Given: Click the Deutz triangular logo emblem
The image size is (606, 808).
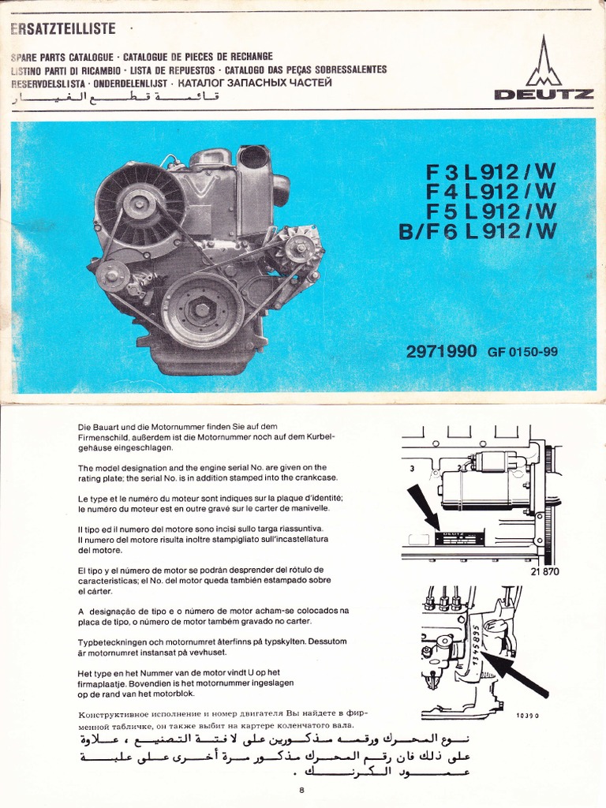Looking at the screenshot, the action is point(544,63).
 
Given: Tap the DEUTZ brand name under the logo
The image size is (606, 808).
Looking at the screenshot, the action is point(544,95).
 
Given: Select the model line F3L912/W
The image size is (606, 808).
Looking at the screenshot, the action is point(492,171).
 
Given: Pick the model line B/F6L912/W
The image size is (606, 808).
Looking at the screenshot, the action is point(478,230).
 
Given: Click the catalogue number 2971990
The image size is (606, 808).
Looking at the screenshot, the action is point(441,351).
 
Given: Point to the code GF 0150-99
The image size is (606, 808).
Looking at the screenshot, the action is point(522,351).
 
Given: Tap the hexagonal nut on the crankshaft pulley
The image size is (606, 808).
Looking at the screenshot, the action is point(202,309).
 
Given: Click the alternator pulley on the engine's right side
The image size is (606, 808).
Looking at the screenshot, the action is point(298,247).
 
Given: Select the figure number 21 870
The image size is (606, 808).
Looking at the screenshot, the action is point(544,570).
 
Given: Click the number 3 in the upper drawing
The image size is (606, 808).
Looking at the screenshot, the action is point(411,468).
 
